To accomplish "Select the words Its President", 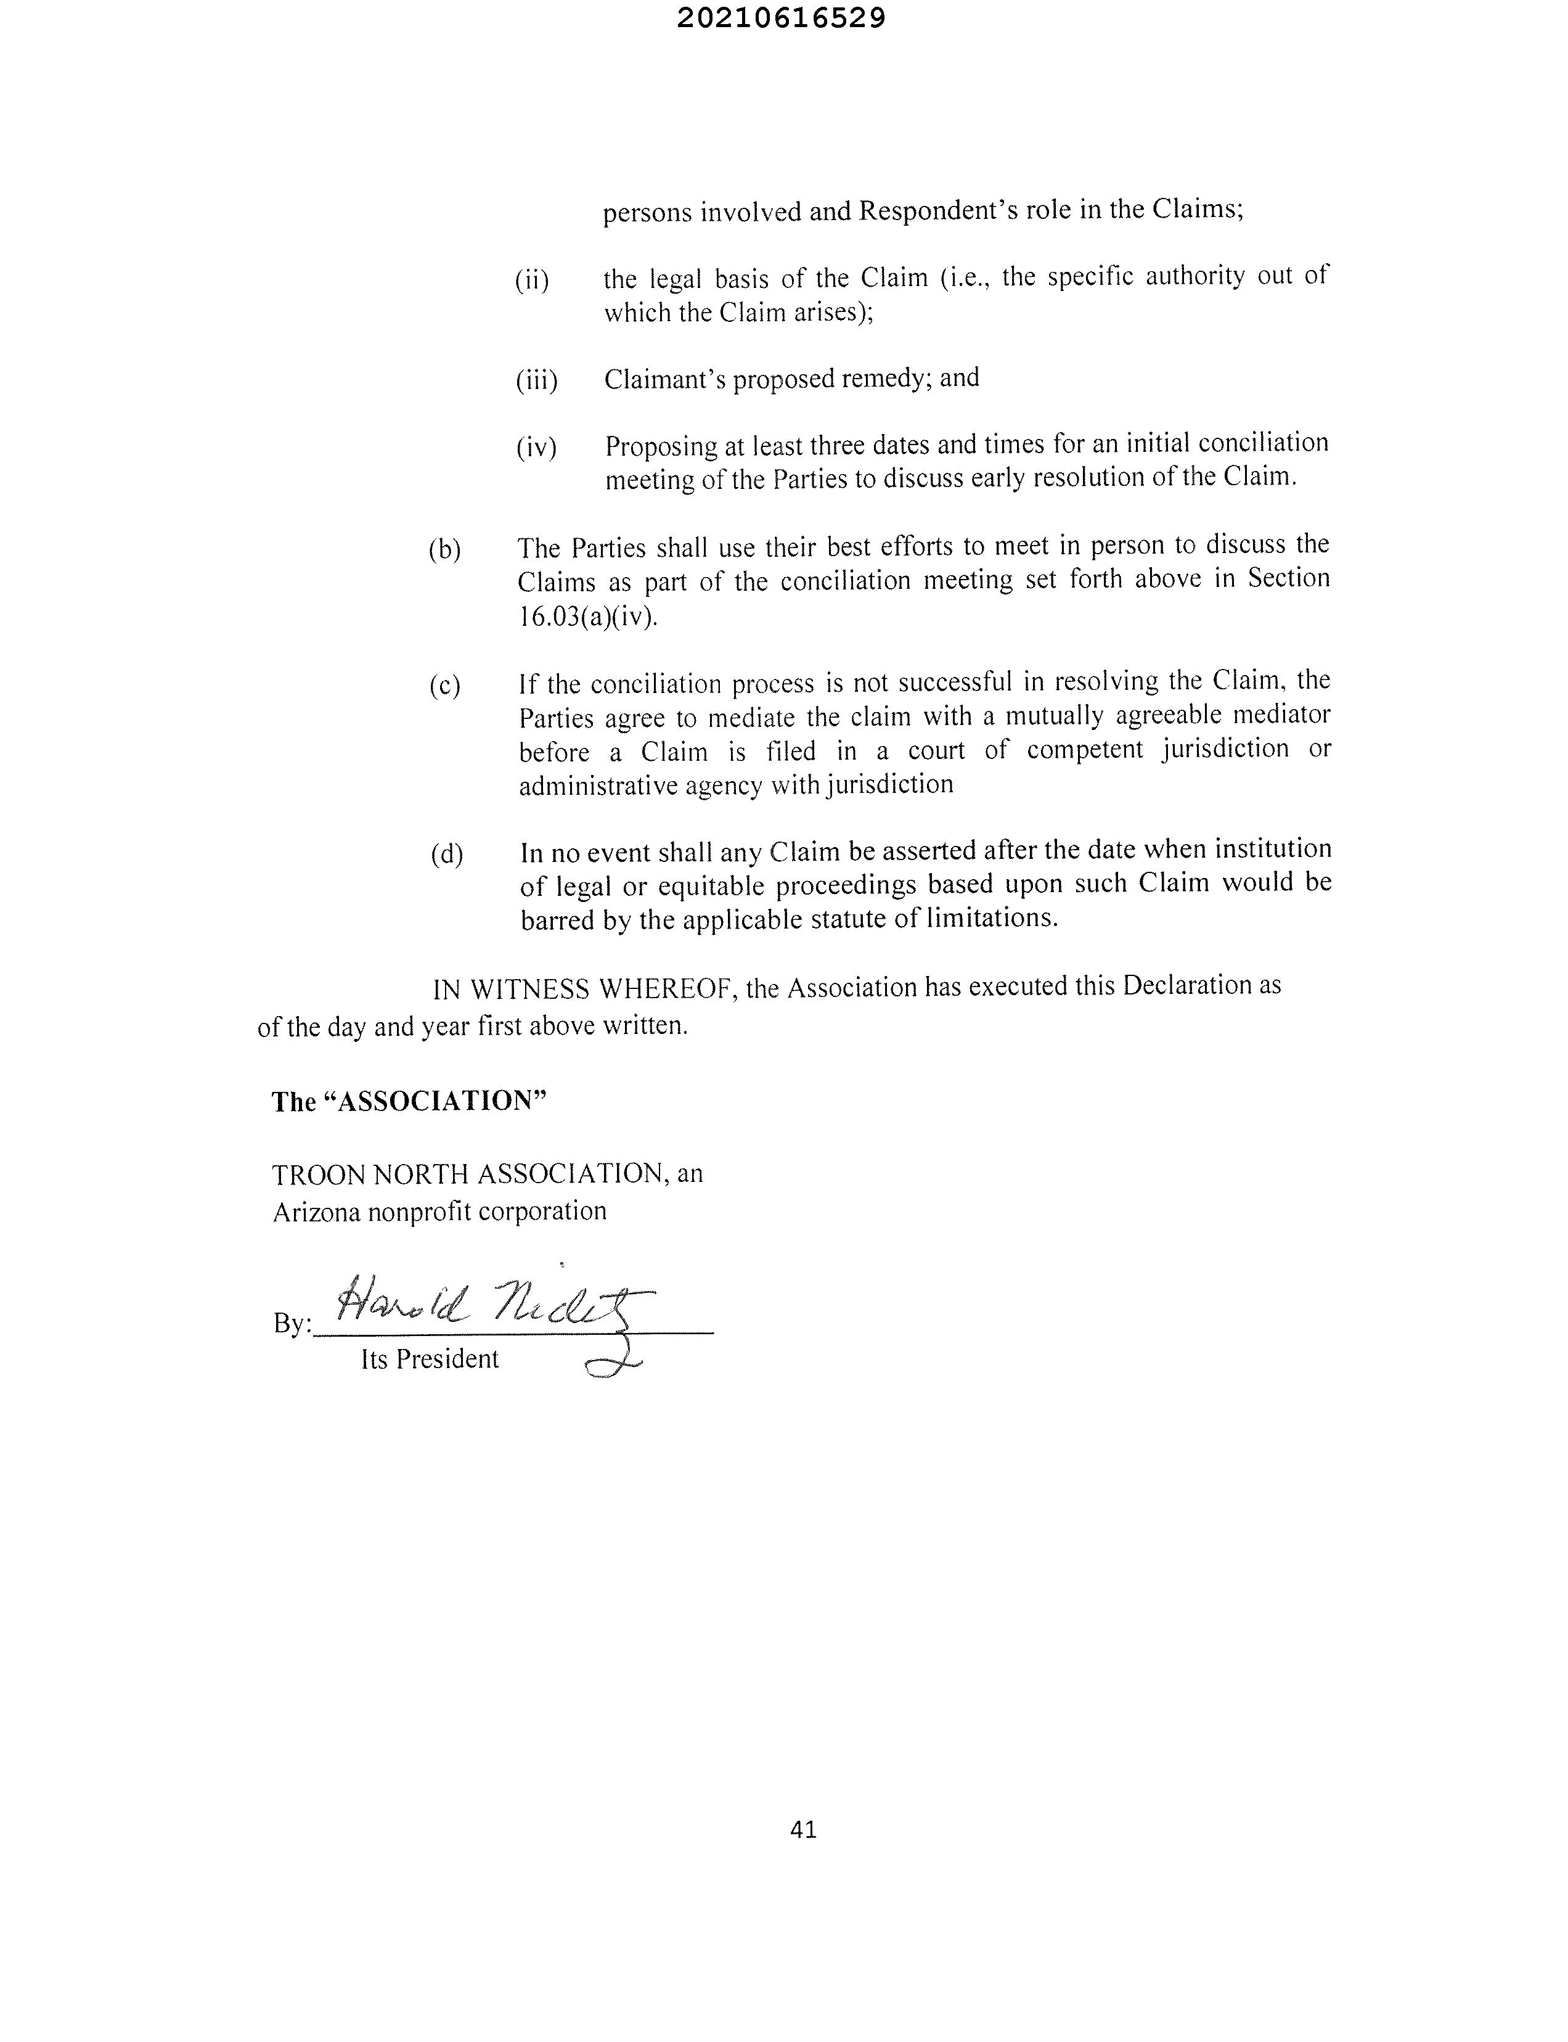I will click(430, 1359).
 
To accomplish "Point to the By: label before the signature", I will click(291, 1324).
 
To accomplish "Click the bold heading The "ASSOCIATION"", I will click(409, 1102).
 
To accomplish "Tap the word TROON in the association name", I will click(311, 1175).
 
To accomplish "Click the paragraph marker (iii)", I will click(537, 381).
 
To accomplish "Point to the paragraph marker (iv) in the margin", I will click(537, 448).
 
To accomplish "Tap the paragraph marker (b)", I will click(445, 550).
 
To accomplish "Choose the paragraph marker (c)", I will click(445, 686).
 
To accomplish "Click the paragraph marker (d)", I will click(447, 855).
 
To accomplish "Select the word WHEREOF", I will click(664, 990).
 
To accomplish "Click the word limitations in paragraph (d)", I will click(989, 918).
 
